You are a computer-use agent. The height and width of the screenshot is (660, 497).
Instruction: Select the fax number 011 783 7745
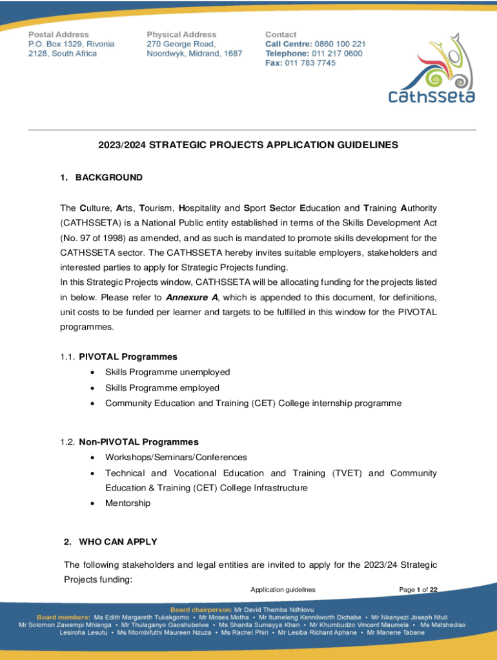[x=310, y=63]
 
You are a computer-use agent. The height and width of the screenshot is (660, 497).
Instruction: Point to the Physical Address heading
[x=181, y=34]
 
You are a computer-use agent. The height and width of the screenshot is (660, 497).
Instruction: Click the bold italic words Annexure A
[x=192, y=298]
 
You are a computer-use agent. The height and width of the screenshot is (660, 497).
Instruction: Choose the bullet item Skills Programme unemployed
[x=167, y=372]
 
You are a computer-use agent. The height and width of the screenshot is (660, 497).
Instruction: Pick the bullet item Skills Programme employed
[x=162, y=388]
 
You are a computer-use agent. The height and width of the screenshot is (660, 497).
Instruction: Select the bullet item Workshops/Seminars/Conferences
[x=176, y=457]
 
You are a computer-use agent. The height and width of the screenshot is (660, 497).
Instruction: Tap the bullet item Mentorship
[x=128, y=503]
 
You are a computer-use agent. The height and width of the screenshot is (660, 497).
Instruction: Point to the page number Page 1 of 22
[x=418, y=590]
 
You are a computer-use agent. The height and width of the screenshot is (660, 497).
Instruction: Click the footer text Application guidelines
[x=283, y=590]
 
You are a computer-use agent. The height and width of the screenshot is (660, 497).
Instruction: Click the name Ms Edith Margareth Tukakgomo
[x=147, y=617]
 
